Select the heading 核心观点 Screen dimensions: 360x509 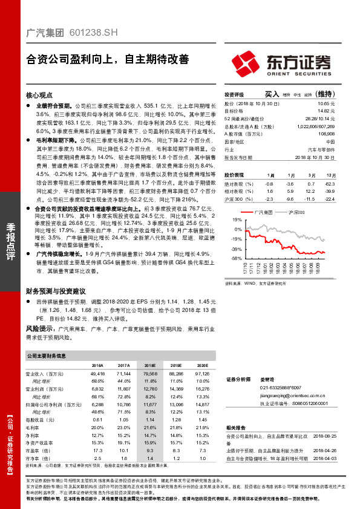(x=39, y=96)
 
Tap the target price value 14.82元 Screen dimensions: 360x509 (x=326, y=111)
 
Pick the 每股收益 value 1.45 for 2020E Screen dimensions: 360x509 (x=202, y=419)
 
